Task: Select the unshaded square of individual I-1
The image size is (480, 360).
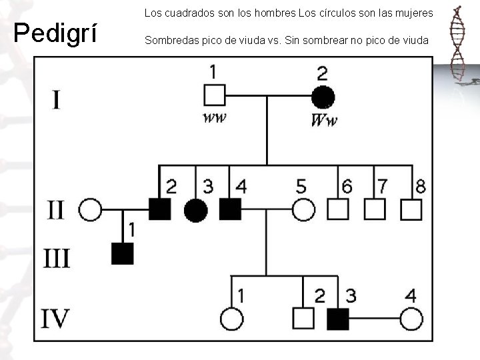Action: (214, 96)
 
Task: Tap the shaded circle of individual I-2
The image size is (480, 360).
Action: (323, 97)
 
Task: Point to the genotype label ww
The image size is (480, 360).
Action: (214, 118)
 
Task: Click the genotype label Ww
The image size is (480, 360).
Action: (324, 120)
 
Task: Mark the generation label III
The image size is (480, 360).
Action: (57, 257)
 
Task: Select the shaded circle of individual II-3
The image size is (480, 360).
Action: (195, 210)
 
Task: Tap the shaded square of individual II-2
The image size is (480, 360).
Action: (160, 210)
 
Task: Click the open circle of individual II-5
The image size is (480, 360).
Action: (303, 210)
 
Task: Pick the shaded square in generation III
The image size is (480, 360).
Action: (123, 253)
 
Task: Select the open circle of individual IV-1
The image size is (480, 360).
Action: (232, 319)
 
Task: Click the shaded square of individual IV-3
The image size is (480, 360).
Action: (338, 319)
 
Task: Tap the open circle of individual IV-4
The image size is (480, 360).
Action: (411, 319)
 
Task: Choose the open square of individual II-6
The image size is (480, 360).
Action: (338, 210)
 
